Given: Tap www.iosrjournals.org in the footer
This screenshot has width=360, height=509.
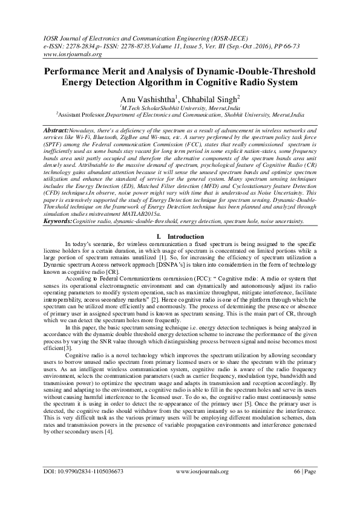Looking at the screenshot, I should coord(202,487).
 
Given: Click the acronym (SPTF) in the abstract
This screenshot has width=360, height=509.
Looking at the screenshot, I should coord(54,144).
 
